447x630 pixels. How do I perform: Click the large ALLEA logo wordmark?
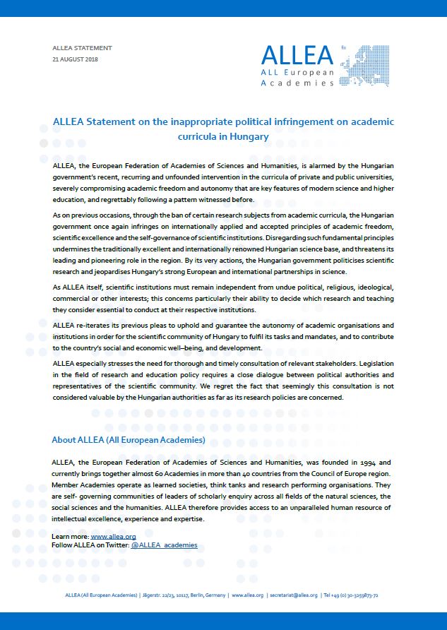click(297, 55)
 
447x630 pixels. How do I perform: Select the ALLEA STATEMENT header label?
click(82, 48)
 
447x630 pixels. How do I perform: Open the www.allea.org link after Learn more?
click(113, 537)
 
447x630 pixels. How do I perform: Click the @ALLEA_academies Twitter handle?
click(164, 545)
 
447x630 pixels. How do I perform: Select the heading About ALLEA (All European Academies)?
click(129, 439)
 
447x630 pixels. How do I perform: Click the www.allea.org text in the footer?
click(247, 595)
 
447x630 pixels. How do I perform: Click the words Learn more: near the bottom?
click(71, 537)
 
